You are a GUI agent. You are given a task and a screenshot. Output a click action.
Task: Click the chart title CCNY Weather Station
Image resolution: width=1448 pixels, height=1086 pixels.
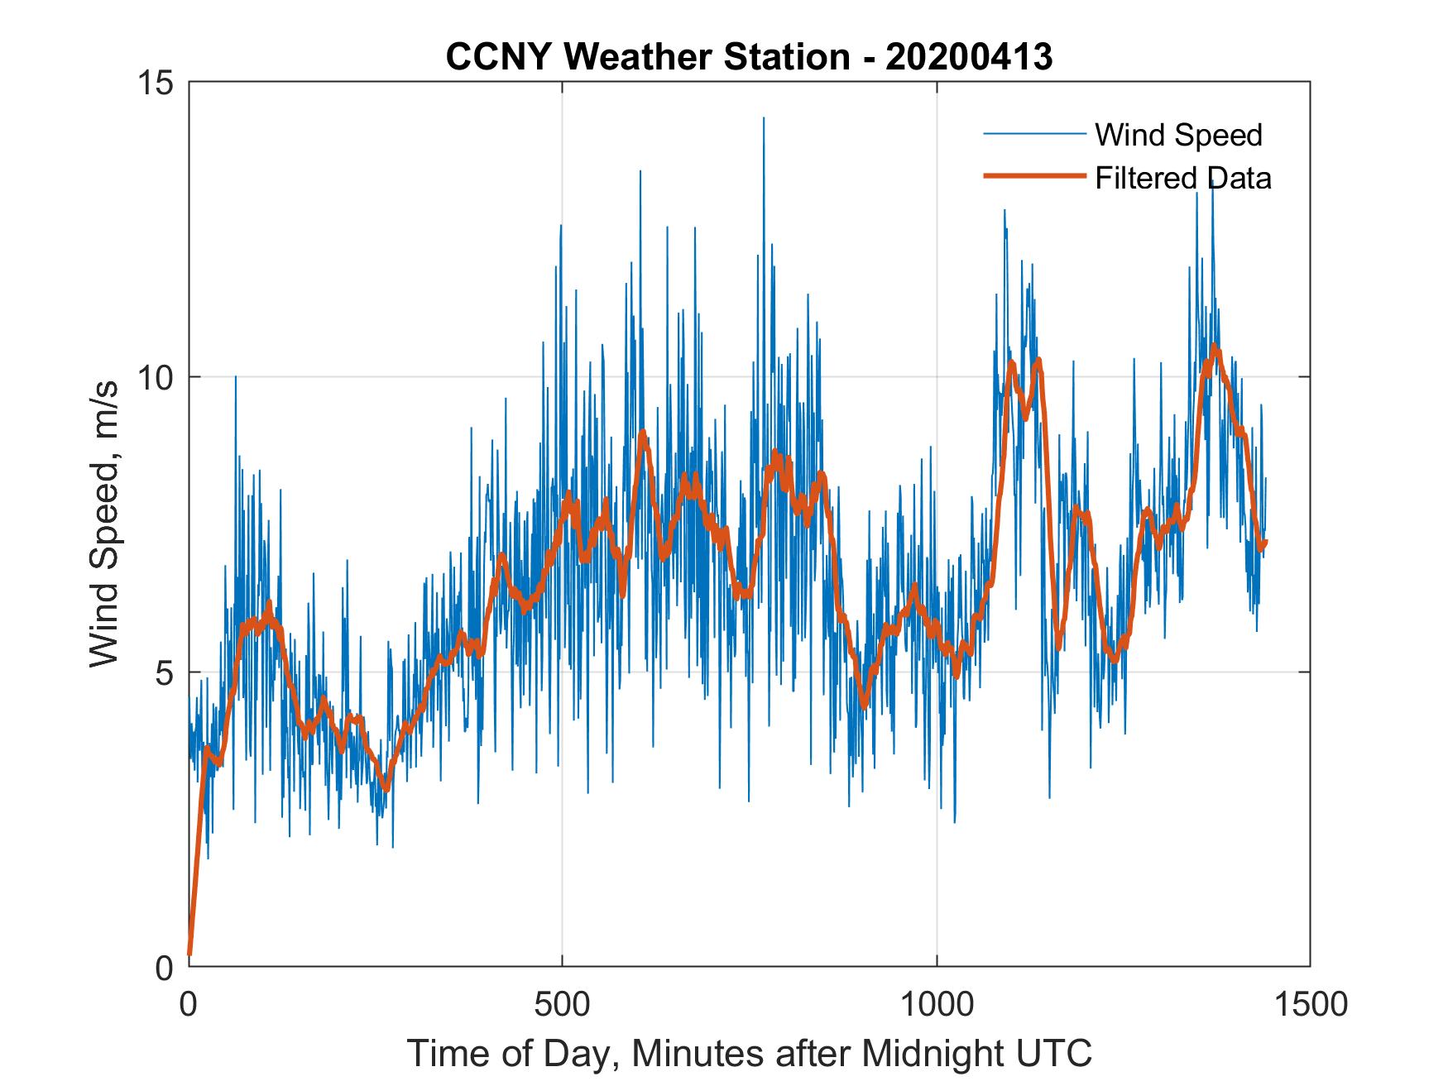[647, 57]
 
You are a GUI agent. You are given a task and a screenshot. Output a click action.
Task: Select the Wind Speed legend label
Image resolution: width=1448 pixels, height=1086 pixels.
[1178, 135]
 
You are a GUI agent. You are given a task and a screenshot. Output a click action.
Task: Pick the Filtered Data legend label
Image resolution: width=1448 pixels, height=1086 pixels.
[1182, 178]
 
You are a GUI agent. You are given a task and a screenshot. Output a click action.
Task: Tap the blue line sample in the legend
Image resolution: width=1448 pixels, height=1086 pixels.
[1033, 134]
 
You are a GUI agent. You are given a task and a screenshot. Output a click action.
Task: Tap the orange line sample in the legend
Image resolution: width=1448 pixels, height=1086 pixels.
[1033, 176]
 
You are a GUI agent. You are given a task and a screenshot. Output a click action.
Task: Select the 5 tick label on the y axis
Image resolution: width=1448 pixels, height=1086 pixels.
[164, 672]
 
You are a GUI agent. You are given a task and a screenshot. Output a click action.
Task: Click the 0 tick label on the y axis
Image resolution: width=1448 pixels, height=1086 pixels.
[164, 967]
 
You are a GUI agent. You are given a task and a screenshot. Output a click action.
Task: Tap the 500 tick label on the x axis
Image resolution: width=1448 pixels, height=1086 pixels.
[562, 1003]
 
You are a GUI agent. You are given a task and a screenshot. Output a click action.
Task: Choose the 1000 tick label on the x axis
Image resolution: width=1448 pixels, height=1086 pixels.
[937, 1003]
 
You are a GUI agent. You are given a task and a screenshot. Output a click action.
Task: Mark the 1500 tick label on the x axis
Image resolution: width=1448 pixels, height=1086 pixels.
[1311, 1003]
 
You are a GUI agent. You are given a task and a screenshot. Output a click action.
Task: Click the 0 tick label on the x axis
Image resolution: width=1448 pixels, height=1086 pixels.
[189, 1003]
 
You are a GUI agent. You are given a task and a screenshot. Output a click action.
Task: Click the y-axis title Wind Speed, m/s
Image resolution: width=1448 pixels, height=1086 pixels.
[105, 524]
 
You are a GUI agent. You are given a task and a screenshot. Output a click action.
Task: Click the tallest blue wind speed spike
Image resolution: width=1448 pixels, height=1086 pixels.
[763, 119]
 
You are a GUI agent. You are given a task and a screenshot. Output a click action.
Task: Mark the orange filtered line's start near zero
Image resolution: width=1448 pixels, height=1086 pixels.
[190, 953]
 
